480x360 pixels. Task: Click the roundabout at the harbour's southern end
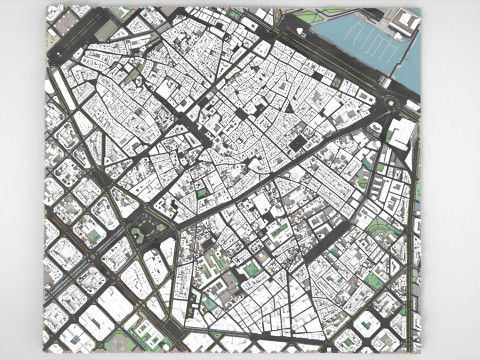[x=388, y=102]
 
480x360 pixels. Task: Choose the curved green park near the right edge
[x=381, y=229]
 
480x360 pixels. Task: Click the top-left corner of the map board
[x=46, y=6]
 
